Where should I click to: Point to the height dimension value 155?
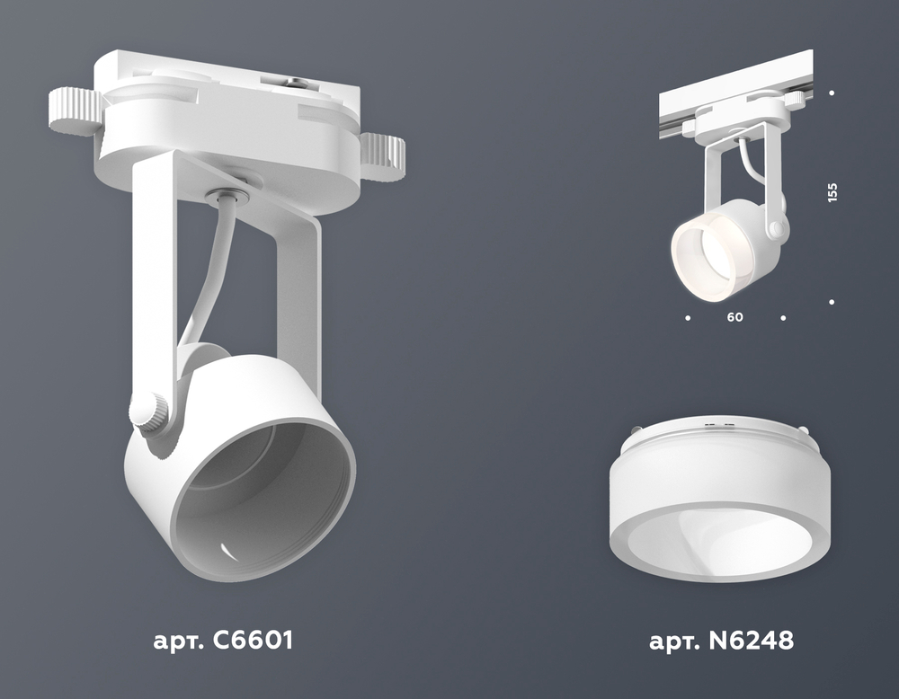(832, 192)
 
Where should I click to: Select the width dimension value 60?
(734, 317)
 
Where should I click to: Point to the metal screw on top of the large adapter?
(296, 84)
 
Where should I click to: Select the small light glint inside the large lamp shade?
(227, 552)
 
